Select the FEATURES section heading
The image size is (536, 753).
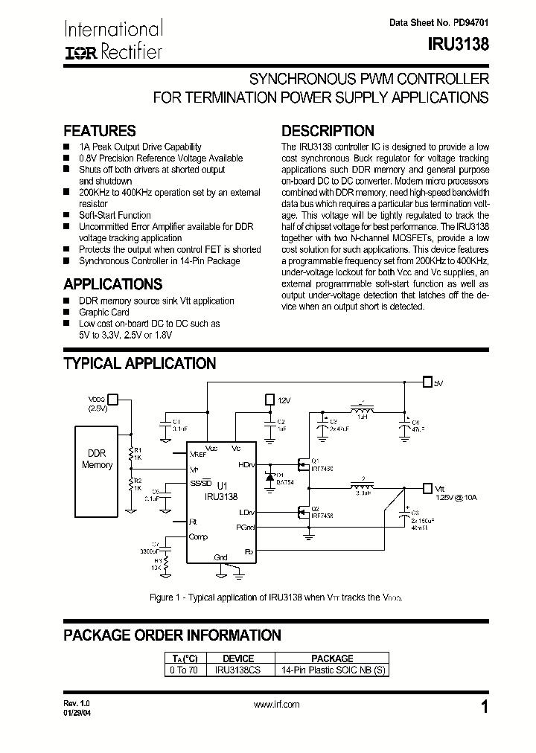point(100,131)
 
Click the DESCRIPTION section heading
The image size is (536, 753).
point(328,131)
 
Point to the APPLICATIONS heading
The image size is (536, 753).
point(112,284)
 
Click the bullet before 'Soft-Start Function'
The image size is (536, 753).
point(67,214)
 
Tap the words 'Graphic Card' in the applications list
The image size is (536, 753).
point(104,313)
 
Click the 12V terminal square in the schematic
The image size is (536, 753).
point(269,400)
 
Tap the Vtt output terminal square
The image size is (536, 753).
point(427,488)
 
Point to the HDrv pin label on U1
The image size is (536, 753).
point(245,464)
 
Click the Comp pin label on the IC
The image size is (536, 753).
point(199,536)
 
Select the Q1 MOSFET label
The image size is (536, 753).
point(315,460)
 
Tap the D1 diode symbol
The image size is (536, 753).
point(271,477)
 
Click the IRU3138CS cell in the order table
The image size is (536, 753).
point(238,670)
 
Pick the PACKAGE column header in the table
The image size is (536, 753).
point(332,659)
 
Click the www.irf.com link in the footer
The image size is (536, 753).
point(276,704)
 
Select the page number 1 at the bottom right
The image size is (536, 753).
point(485,708)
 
